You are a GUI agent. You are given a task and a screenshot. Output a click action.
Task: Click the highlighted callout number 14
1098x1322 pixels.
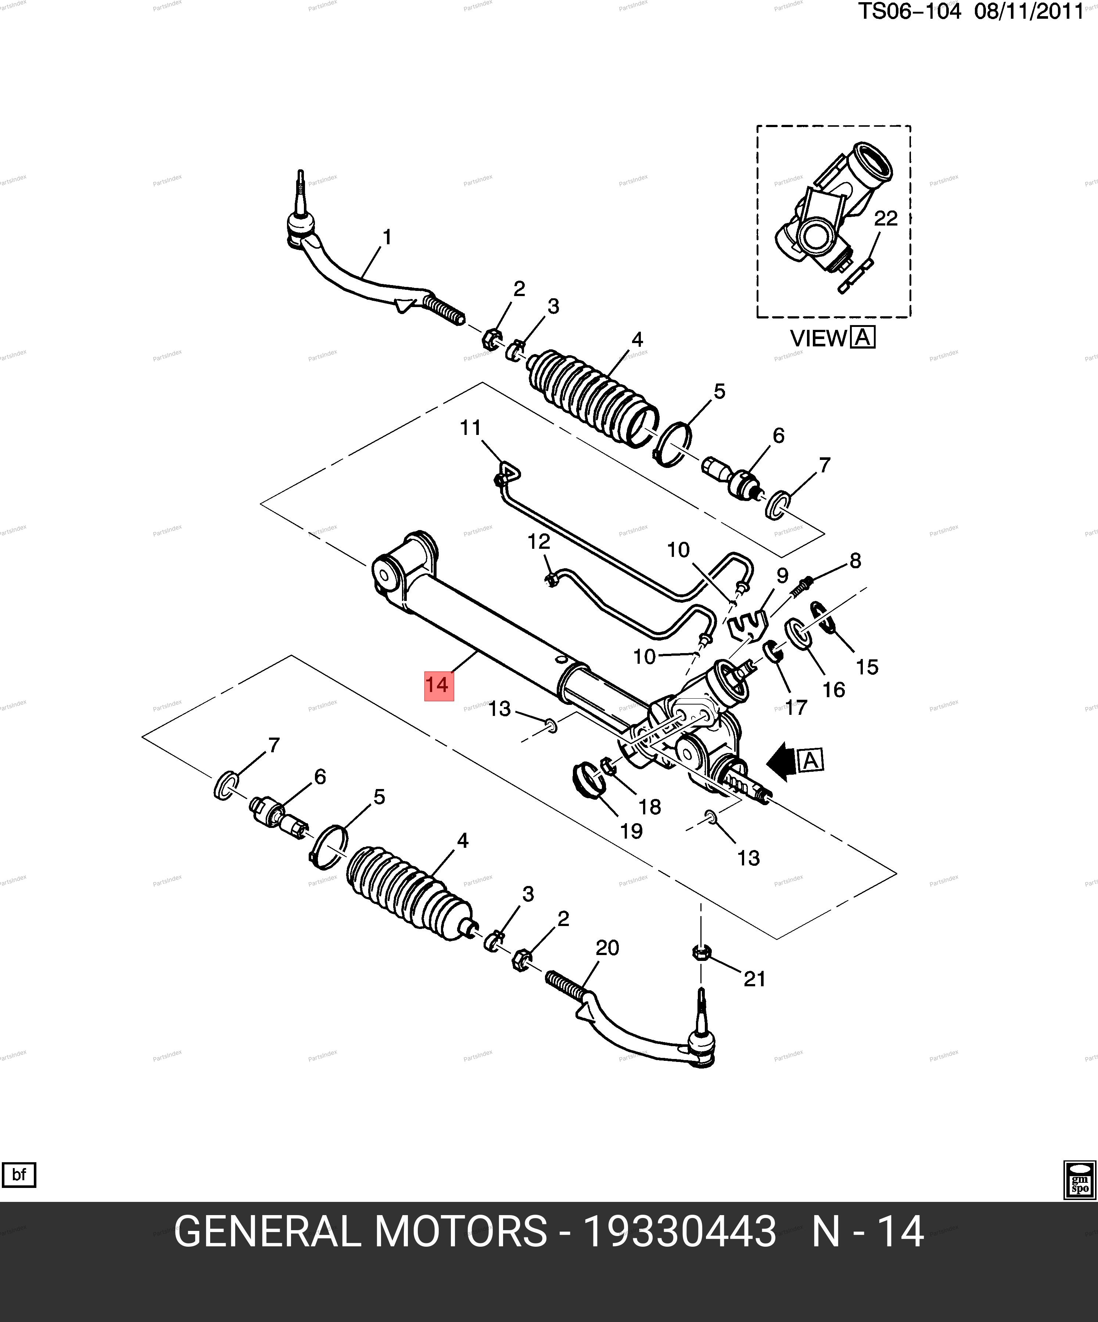[x=438, y=685]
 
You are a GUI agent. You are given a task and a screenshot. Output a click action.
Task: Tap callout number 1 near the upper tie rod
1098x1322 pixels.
[x=387, y=237]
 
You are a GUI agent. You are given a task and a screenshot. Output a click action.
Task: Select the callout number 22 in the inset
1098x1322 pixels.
[x=886, y=219]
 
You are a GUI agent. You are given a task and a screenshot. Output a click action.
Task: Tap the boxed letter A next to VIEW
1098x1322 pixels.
[x=862, y=338]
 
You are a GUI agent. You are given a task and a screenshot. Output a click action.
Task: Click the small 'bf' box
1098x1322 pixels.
[x=19, y=1175]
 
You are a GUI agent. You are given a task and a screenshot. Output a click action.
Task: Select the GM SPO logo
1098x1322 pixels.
[x=1080, y=1180]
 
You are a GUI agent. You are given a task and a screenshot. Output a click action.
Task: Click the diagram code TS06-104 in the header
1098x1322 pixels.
[x=909, y=12]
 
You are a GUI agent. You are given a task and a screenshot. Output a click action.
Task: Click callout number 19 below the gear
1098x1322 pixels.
[x=631, y=831]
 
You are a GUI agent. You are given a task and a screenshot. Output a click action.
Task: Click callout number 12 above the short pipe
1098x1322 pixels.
[x=539, y=541]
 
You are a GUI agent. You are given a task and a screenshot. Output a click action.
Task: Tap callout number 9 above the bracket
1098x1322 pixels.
[x=782, y=575]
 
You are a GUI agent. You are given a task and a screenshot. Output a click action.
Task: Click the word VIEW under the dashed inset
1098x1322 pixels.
[x=818, y=339]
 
